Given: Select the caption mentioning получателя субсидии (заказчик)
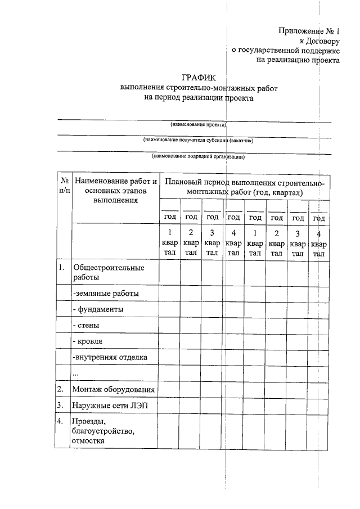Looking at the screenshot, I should click(198, 140).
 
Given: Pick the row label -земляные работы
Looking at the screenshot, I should click(105, 293).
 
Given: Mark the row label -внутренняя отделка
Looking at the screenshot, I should click(110, 357).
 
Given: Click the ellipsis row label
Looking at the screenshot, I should click(75, 373).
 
